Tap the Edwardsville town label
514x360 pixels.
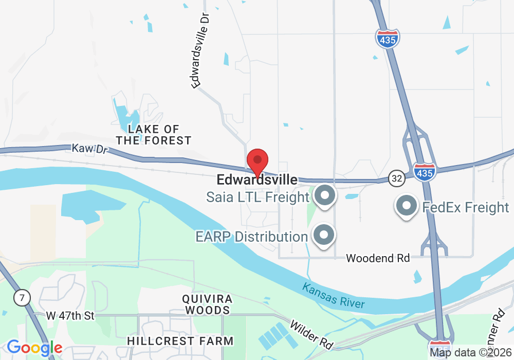click(x=257, y=180)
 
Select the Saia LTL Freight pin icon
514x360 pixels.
click(x=324, y=196)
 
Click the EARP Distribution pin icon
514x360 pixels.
click(x=324, y=236)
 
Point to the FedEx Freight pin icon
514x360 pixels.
click(x=407, y=206)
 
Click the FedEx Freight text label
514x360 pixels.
click(x=465, y=207)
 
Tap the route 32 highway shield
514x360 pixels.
click(x=396, y=178)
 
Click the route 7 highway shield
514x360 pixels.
click(x=23, y=297)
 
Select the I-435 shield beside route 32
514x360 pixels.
click(x=425, y=172)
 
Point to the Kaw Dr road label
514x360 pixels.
click(x=84, y=149)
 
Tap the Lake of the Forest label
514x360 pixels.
click(x=154, y=134)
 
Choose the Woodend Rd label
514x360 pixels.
click(x=378, y=258)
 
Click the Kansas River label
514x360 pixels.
click(x=334, y=295)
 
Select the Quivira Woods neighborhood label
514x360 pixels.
click(x=208, y=304)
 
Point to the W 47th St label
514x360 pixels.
click(x=70, y=316)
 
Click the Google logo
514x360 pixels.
click(x=34, y=348)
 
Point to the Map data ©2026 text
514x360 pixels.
click(x=470, y=353)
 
